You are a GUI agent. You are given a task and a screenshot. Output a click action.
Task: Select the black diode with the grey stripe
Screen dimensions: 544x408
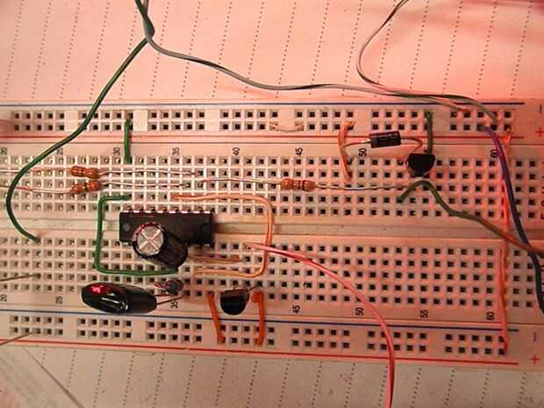pyautogui.click(x=384, y=140)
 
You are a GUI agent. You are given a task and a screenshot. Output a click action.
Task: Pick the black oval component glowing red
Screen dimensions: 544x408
pyautogui.click(x=118, y=298)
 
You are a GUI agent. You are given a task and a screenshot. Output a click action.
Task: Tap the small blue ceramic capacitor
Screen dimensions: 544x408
pyautogui.click(x=173, y=286)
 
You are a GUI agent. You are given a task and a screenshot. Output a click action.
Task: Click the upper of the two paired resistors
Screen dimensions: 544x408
pyautogui.click(x=86, y=173)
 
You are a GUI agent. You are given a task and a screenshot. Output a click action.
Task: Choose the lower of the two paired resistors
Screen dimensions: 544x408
pyautogui.click(x=85, y=187)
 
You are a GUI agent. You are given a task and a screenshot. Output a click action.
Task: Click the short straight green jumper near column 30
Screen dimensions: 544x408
pyautogui.click(x=128, y=140)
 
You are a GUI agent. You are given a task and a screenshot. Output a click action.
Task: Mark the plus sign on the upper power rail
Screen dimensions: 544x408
pyautogui.click(x=536, y=132)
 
